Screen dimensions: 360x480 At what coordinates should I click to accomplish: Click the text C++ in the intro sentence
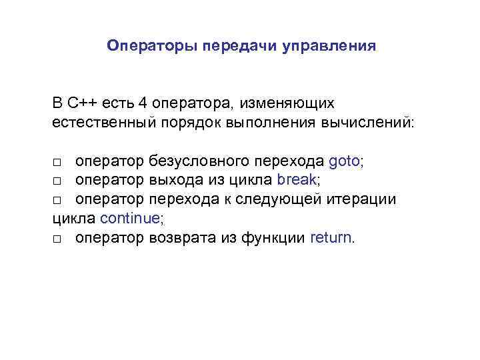pos(82,104)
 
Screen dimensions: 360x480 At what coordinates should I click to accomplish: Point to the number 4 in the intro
pos(143,104)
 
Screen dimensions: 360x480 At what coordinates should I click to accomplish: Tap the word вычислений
pos(371,123)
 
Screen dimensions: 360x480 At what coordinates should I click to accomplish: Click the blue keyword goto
pos(344,162)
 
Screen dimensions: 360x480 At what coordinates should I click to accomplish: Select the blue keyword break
pos(297,181)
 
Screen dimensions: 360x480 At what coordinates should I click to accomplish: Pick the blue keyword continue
pos(130,219)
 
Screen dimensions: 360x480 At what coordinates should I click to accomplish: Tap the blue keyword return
pos(331,238)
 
